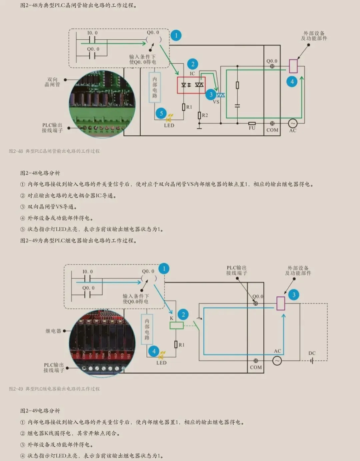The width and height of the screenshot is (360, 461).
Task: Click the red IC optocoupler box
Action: (x=191, y=85)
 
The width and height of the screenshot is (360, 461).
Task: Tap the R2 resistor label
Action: (x=205, y=115)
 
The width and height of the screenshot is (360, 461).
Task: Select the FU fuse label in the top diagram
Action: (x=252, y=128)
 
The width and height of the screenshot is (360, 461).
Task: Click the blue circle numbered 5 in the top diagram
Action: (x=161, y=113)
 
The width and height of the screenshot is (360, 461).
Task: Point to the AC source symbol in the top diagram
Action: (x=292, y=123)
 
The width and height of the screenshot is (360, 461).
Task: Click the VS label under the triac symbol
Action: (x=216, y=102)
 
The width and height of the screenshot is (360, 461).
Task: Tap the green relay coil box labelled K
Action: (x=176, y=326)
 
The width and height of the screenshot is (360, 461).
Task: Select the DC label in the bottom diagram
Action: (x=312, y=353)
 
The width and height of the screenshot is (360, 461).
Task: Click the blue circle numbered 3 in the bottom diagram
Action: (x=294, y=295)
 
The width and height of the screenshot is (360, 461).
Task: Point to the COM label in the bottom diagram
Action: (x=256, y=367)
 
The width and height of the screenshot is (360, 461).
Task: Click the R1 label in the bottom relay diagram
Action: (x=181, y=345)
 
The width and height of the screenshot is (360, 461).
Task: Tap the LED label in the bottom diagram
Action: (x=161, y=363)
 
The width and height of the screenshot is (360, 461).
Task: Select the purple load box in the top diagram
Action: (x=293, y=66)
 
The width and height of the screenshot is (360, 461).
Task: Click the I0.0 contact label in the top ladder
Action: (x=92, y=33)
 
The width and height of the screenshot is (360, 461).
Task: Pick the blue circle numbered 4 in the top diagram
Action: (x=292, y=81)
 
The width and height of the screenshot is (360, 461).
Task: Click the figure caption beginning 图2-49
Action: (x=54, y=389)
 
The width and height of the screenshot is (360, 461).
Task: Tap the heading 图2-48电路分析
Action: (x=40, y=173)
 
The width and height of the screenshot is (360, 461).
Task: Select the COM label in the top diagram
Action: (x=272, y=130)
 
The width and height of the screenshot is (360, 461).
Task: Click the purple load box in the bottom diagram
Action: (x=281, y=303)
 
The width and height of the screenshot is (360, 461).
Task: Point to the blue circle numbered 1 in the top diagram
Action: (x=176, y=35)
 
